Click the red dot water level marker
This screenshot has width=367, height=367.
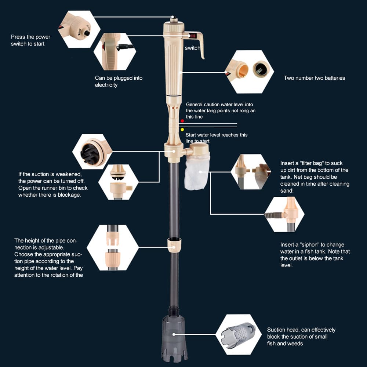[x=182, y=121]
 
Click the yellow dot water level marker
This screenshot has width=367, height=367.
[x=182, y=130]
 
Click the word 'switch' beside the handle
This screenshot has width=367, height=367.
[x=192, y=48]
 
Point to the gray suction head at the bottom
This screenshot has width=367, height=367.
[x=174, y=338]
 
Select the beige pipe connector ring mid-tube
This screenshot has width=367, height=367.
[x=174, y=245]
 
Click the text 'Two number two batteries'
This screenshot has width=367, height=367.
[x=314, y=78]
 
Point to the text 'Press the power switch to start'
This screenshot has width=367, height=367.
[x=30, y=40]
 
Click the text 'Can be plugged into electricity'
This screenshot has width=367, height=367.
[x=119, y=81]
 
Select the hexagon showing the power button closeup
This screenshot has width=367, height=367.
[x=79, y=29]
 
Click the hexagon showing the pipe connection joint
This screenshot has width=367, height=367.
[x=113, y=248]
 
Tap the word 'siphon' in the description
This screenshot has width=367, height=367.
[x=308, y=245]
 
